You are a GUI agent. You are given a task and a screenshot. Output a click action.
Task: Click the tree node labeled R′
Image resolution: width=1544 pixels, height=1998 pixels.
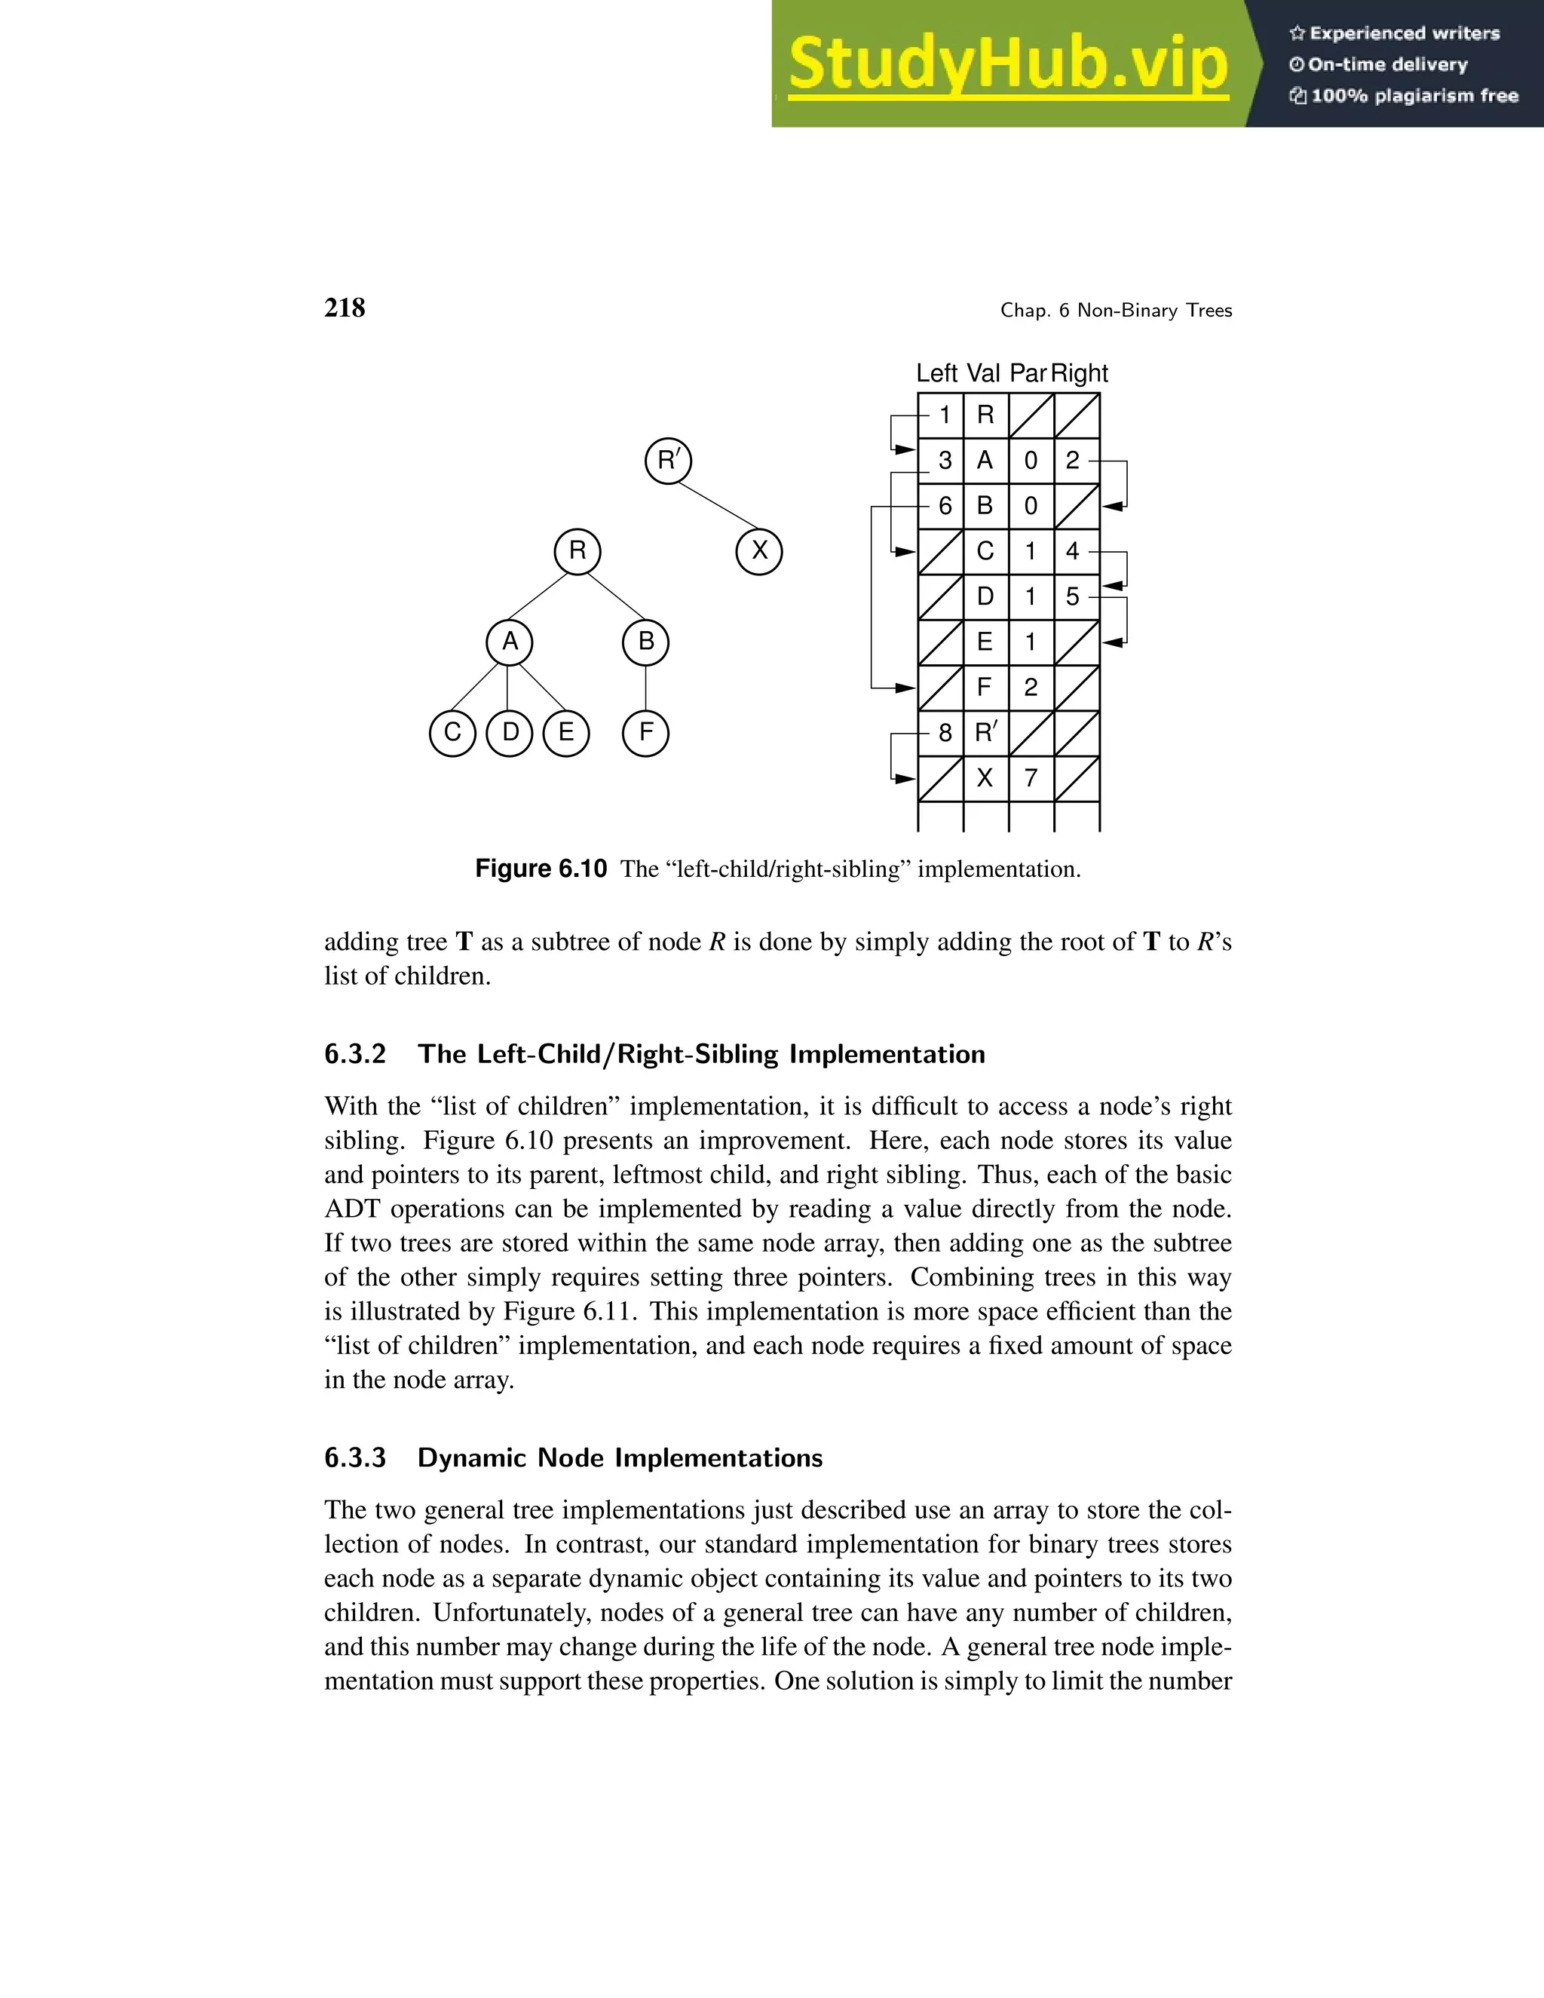click(668, 460)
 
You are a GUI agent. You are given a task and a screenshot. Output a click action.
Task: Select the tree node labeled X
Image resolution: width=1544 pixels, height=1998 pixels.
click(759, 550)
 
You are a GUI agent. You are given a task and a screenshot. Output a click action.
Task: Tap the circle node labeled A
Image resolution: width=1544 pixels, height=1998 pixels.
click(510, 642)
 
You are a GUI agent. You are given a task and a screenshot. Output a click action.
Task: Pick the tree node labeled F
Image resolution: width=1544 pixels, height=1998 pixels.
click(646, 732)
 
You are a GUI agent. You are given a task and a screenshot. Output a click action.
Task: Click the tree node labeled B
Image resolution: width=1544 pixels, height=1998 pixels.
click(646, 642)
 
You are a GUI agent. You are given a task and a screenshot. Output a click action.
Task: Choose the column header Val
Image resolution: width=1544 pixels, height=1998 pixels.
click(983, 373)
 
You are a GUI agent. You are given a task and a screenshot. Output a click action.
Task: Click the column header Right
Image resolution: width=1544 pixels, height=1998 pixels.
click(1080, 373)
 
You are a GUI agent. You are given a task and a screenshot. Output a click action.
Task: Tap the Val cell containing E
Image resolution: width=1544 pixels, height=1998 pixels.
click(985, 642)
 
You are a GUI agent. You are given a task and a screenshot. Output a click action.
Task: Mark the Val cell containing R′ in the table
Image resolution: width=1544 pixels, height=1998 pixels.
click(985, 733)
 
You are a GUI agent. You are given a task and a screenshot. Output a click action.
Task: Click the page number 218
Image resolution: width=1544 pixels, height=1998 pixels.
click(345, 308)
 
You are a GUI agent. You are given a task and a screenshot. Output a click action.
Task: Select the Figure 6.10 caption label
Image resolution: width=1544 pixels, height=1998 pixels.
click(541, 868)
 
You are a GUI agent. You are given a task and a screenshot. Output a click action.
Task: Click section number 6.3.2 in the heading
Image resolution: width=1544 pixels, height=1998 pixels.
click(355, 1054)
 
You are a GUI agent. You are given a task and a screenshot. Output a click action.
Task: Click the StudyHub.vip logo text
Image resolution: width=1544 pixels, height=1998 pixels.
click(1008, 64)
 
